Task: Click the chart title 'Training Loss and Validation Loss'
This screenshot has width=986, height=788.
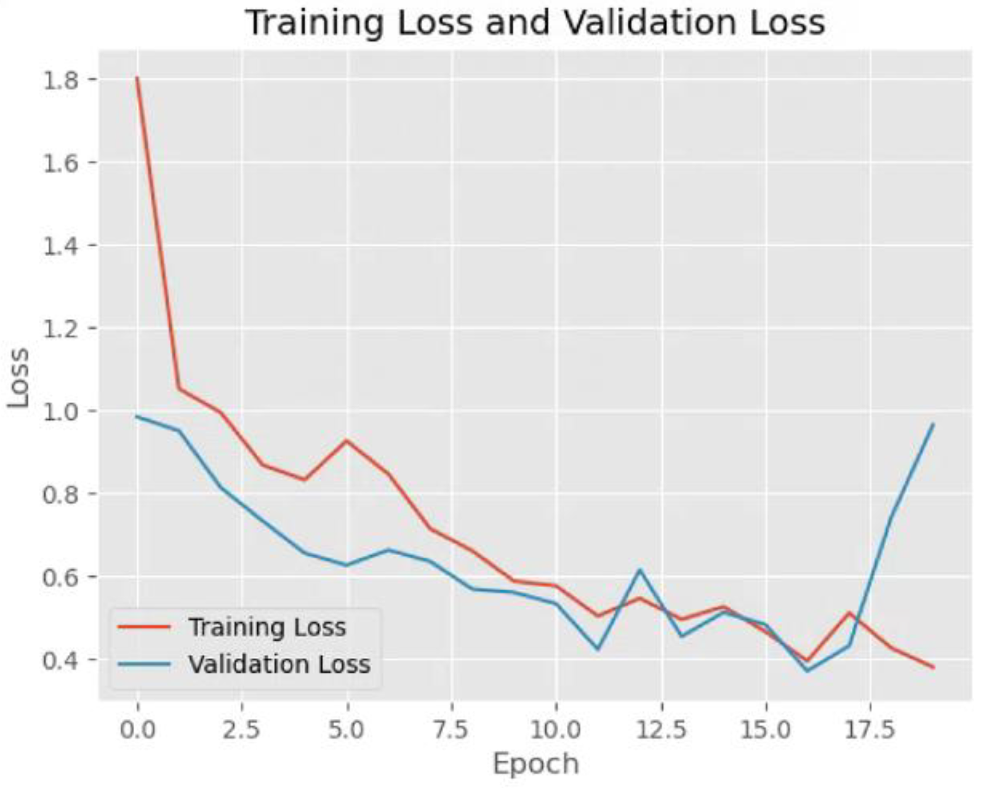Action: click(534, 23)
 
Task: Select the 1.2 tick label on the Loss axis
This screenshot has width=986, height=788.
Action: click(60, 328)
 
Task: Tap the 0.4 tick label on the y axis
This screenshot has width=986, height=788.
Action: click(60, 660)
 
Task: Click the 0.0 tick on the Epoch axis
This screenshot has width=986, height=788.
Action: click(138, 730)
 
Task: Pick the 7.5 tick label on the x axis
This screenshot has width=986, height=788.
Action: click(452, 730)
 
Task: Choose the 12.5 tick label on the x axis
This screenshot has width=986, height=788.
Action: click(661, 730)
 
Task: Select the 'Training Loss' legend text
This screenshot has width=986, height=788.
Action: click(267, 627)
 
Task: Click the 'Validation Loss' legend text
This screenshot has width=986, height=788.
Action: click(279, 664)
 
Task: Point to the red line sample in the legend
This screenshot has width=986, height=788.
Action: click(144, 627)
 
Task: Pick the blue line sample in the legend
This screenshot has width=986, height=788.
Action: click(144, 664)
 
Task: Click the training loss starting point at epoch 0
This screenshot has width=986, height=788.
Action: click(138, 77)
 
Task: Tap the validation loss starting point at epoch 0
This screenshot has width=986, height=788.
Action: click(138, 417)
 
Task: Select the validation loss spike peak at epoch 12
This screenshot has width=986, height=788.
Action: click(640, 569)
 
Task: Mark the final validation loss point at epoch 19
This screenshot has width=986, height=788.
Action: click(933, 424)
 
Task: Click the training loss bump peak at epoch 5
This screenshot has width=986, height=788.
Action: click(346, 440)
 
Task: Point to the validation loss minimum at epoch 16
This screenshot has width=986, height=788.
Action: click(807, 671)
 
